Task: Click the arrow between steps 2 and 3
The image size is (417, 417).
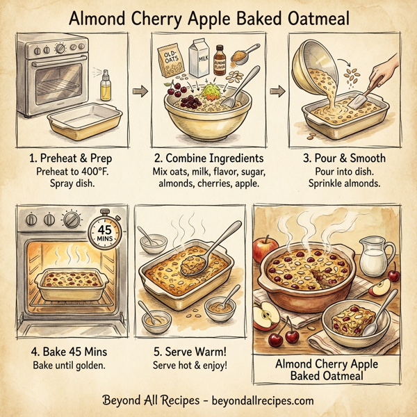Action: pos(276,90)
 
